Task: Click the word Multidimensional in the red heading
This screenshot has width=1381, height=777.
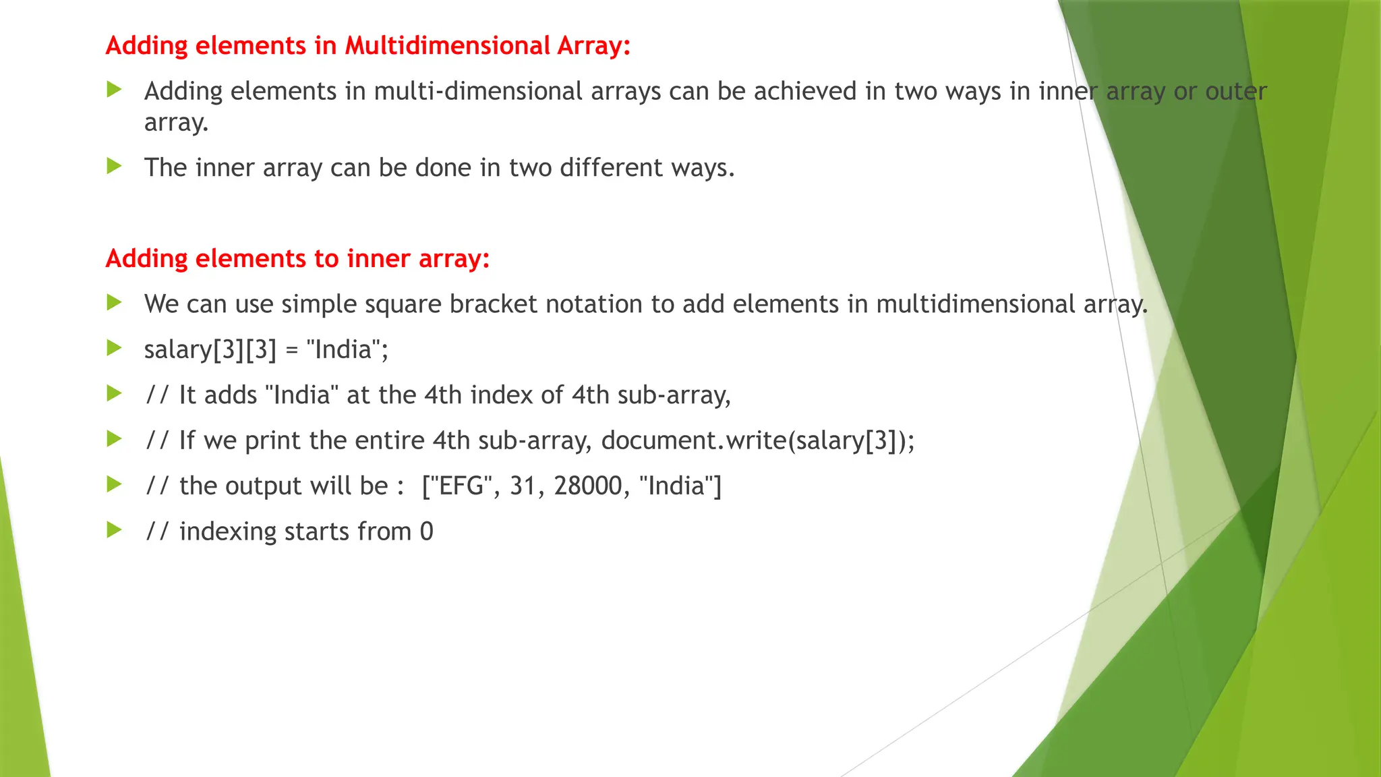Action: click(447, 46)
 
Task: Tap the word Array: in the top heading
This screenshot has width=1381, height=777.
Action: click(593, 46)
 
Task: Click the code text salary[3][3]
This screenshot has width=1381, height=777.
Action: click(210, 349)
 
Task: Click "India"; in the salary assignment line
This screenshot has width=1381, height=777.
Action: click(347, 349)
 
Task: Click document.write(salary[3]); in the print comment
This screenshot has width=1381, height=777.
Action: click(758, 440)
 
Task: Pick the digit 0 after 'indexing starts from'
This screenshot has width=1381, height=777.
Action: click(426, 531)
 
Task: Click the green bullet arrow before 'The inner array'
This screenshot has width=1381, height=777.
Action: click(114, 166)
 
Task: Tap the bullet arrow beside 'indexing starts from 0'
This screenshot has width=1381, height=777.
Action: click(114, 530)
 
